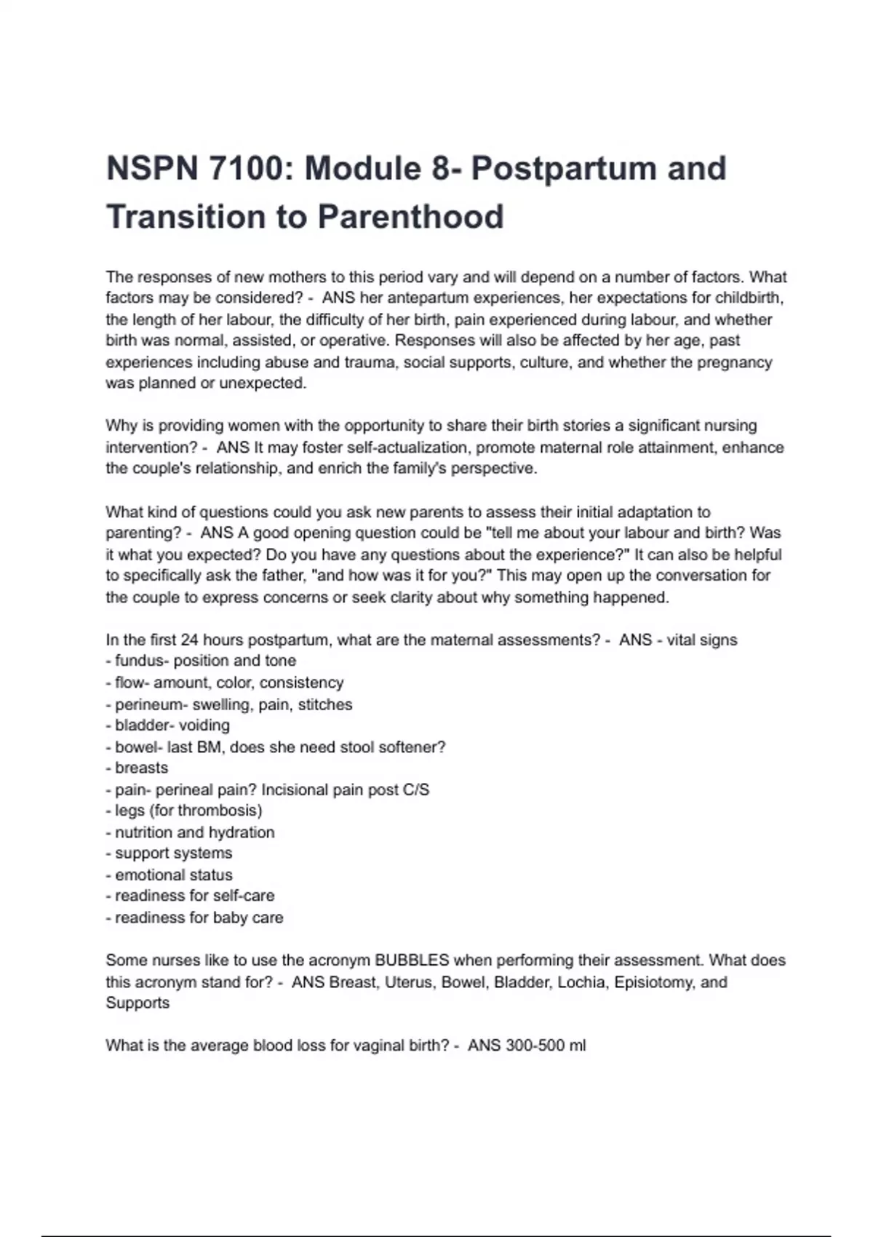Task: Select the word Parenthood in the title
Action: point(410,217)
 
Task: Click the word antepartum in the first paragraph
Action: point(423,298)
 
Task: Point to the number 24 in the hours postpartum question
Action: point(189,640)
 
